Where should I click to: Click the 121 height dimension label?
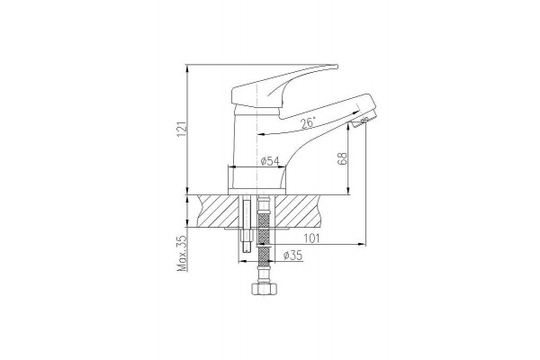(x=182, y=130)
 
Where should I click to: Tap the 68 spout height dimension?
(x=344, y=158)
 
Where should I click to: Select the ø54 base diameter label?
(x=270, y=161)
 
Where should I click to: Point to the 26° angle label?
(x=308, y=123)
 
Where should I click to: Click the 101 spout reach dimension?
(x=311, y=238)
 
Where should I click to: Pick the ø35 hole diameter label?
(x=292, y=256)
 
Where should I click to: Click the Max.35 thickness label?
(x=182, y=253)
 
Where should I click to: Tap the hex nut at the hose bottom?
(x=263, y=289)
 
